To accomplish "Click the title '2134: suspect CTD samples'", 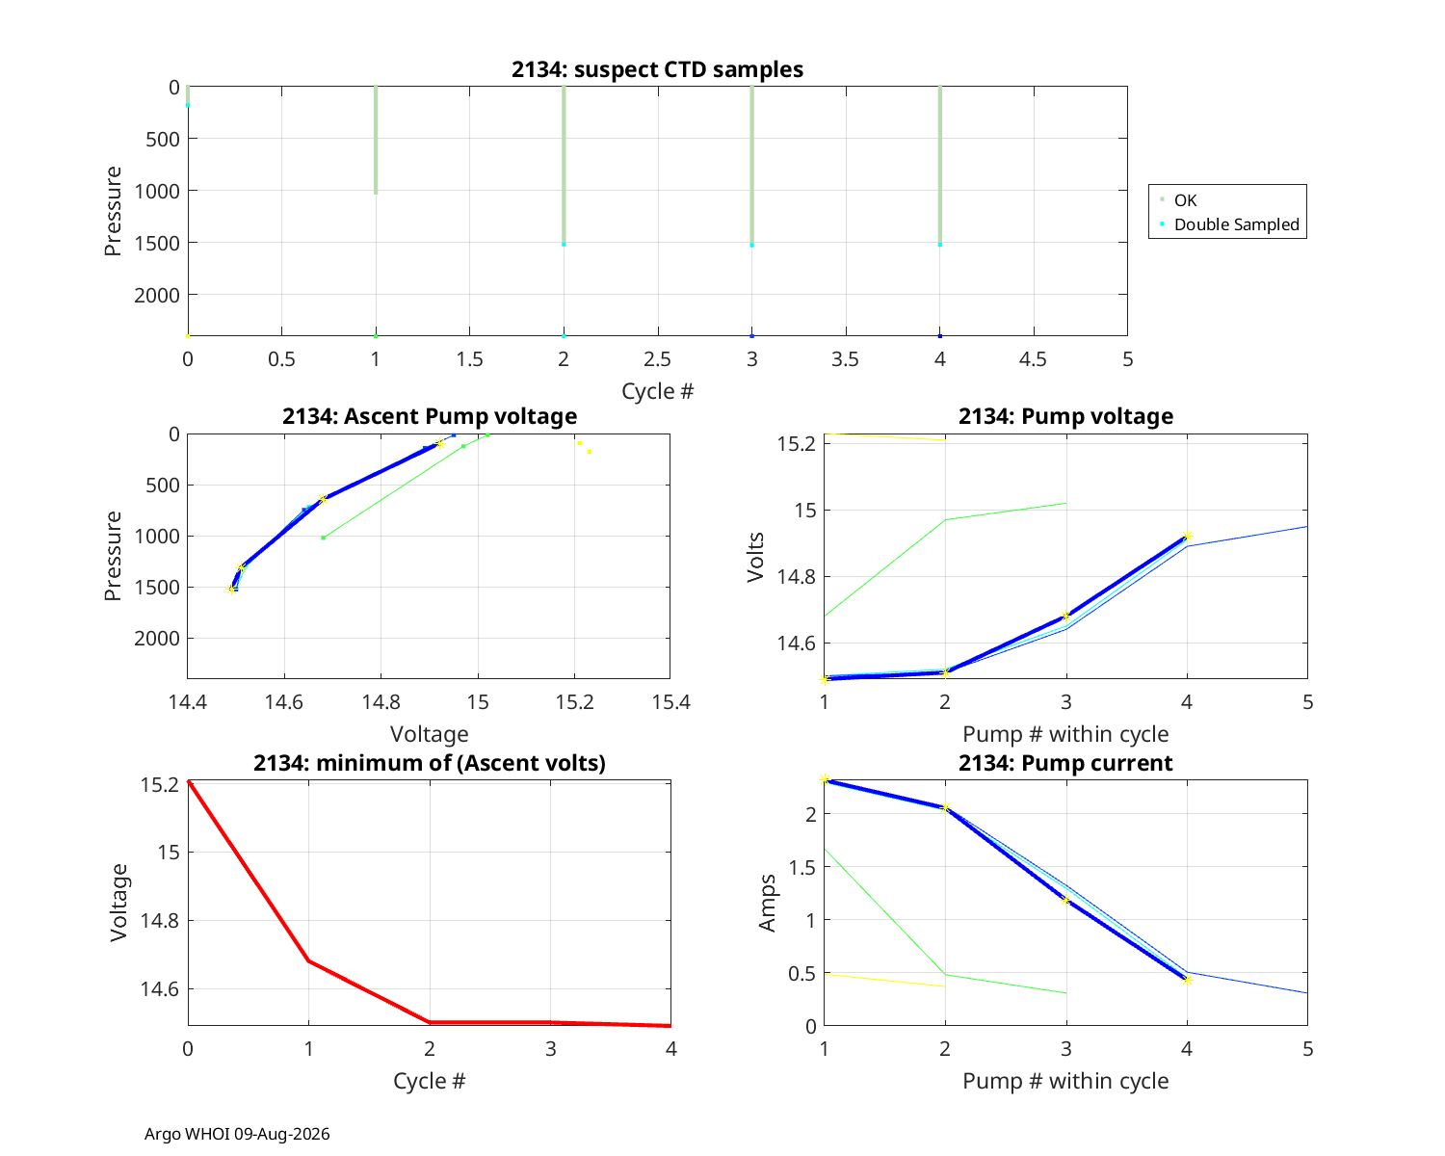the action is pyautogui.click(x=657, y=69).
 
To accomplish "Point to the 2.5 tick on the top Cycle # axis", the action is pyautogui.click(x=657, y=359).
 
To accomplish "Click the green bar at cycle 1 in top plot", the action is pyautogui.click(x=376, y=141).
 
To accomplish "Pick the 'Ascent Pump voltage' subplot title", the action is pyautogui.click(x=430, y=416).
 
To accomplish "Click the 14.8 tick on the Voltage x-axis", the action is pyautogui.click(x=381, y=702).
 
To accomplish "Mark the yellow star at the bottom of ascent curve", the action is pyautogui.click(x=231, y=590).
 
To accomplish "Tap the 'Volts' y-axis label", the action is pyautogui.click(x=756, y=557).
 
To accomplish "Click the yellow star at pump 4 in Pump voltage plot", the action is pyautogui.click(x=1187, y=536).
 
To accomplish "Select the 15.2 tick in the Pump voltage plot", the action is pyautogui.click(x=796, y=444).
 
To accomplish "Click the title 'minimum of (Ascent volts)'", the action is pyautogui.click(x=430, y=763).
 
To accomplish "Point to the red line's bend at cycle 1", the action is pyautogui.click(x=309, y=961).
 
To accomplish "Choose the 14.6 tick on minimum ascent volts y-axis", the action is pyautogui.click(x=160, y=988).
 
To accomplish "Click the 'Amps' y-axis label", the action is pyautogui.click(x=768, y=904).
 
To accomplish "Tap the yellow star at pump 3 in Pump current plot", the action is pyautogui.click(x=1065, y=901).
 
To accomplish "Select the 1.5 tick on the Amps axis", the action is pyautogui.click(x=801, y=867).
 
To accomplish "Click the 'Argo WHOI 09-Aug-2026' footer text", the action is pyautogui.click(x=237, y=1134).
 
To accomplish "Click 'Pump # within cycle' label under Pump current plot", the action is pyautogui.click(x=1065, y=1081).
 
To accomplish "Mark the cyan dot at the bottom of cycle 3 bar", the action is pyautogui.click(x=752, y=246).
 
